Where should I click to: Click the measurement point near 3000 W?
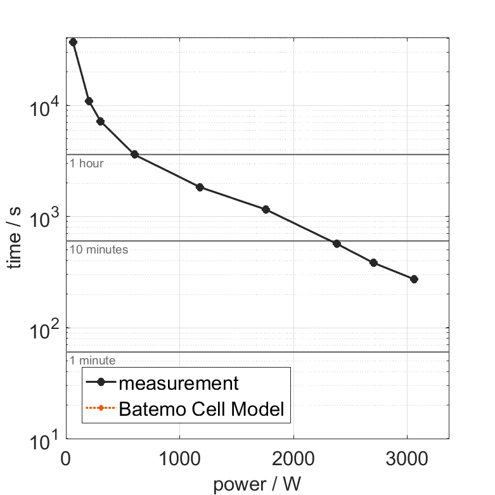[414, 279]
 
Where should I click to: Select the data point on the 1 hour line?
[134, 155]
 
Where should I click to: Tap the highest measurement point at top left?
[73, 42]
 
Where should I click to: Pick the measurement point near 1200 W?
[200, 187]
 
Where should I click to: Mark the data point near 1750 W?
[266, 209]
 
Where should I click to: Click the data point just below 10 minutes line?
[337, 244]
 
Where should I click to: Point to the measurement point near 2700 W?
[373, 262]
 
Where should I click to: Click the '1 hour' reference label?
[86, 164]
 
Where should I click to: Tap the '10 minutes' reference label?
[99, 250]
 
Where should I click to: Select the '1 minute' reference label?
[93, 361]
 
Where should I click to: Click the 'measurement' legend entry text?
[179, 383]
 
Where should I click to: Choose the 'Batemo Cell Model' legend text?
[202, 409]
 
